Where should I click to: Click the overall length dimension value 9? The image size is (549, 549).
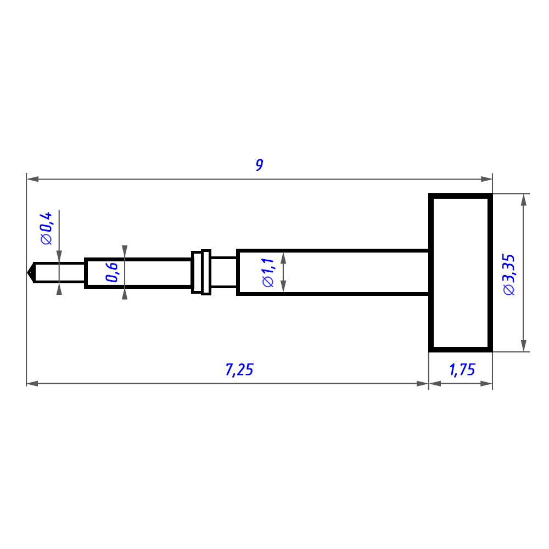pyautogui.click(x=260, y=165)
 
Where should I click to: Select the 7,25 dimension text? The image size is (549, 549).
pyautogui.click(x=239, y=369)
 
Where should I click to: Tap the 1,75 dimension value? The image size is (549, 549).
pyautogui.click(x=462, y=369)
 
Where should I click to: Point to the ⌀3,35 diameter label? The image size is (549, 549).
pyautogui.click(x=509, y=274)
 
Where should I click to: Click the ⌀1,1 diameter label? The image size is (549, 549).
pyautogui.click(x=268, y=272)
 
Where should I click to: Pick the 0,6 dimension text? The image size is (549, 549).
pyautogui.click(x=111, y=272)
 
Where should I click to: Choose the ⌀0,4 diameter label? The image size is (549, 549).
pyautogui.click(x=46, y=228)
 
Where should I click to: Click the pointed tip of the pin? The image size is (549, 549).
pyautogui.click(x=27, y=272)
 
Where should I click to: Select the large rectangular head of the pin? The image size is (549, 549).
pyautogui.click(x=461, y=272)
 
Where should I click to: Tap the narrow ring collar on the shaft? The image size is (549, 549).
pyautogui.click(x=206, y=272)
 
